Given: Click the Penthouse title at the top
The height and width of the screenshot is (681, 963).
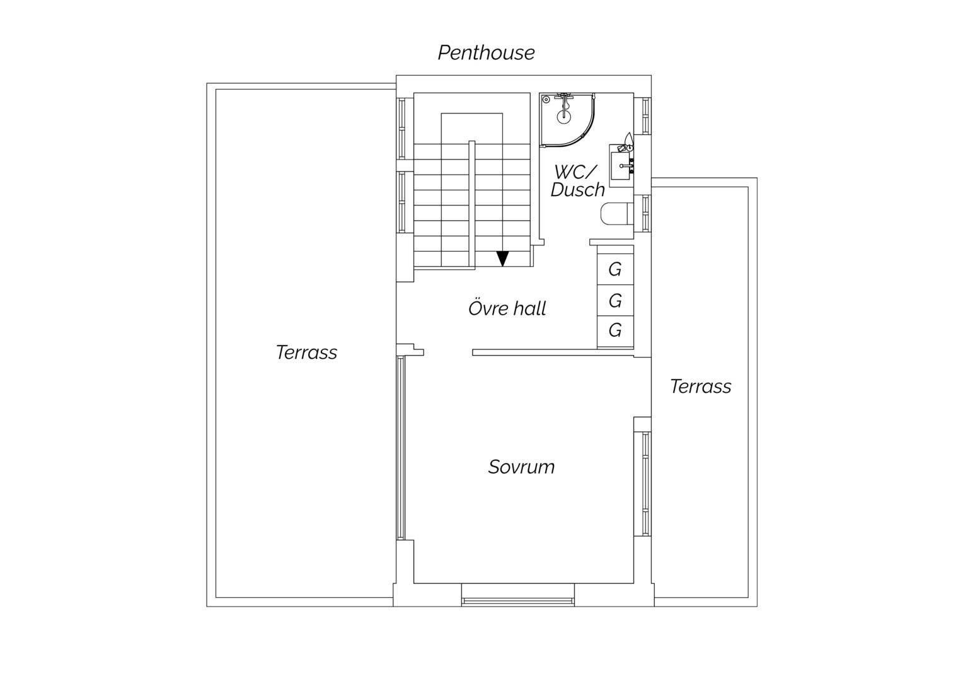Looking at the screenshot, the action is (487, 53).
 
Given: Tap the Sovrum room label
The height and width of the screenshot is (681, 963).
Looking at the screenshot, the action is (521, 467).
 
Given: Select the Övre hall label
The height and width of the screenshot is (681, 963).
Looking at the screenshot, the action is (507, 308).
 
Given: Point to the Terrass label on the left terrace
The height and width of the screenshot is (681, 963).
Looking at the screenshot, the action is (306, 352).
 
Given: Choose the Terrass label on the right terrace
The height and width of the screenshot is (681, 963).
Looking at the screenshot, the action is (701, 387).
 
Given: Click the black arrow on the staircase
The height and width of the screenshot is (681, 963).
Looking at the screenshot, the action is (502, 259).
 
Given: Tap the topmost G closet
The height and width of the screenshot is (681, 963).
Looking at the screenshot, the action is (615, 269).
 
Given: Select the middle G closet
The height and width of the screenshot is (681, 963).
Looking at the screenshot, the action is (615, 300).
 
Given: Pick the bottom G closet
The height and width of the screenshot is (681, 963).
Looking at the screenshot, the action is (615, 331).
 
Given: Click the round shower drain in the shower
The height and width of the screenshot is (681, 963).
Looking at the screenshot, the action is (563, 117).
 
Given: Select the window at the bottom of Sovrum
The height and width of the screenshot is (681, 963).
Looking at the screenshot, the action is (518, 600).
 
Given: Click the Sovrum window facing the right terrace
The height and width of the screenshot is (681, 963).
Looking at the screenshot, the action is (645, 484).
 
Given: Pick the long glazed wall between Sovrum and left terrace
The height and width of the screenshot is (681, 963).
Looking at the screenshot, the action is (401, 448).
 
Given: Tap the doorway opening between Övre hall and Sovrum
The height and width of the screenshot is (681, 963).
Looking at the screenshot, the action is (448, 352).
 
